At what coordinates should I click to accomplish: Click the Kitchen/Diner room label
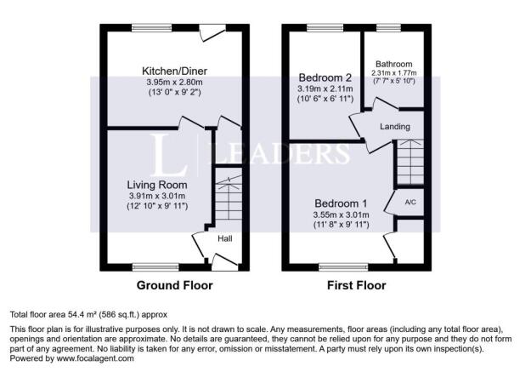coord(174,72)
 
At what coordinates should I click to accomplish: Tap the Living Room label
coord(157,185)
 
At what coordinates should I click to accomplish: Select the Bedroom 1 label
coord(341,203)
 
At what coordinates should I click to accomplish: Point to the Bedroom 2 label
coord(325,77)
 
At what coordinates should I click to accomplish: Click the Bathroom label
coord(394,64)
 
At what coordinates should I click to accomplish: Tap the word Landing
coord(395,127)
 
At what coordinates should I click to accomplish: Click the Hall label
coord(225,238)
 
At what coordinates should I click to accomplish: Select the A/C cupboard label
coord(410,203)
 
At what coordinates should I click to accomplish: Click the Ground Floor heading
coord(174,285)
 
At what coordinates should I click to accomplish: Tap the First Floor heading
coord(357,285)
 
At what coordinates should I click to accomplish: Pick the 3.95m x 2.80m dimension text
coord(174,82)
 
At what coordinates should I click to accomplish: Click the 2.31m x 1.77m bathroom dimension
coord(394,73)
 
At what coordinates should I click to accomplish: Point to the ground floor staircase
coord(229,197)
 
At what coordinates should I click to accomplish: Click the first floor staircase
coord(410,163)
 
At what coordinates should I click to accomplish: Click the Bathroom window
coord(388,28)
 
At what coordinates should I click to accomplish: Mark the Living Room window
coord(155,267)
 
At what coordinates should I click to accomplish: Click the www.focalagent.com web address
coord(95,358)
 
